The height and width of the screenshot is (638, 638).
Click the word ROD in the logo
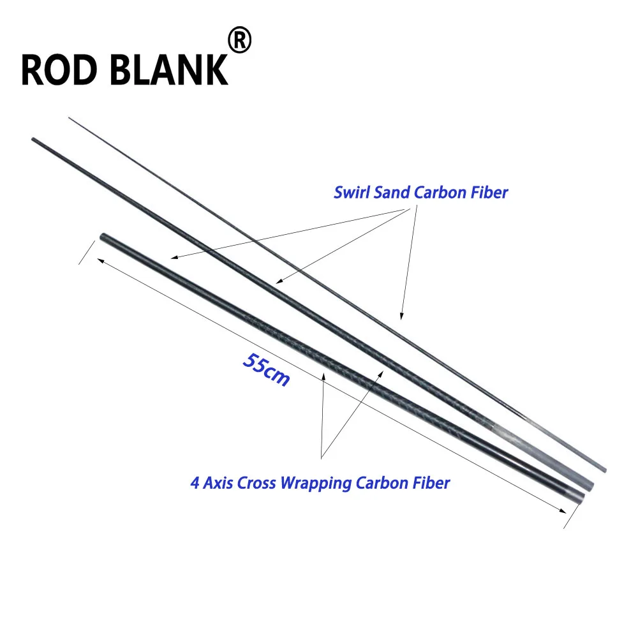pyautogui.click(x=59, y=70)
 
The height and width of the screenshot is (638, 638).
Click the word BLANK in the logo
pyautogui.click(x=169, y=70)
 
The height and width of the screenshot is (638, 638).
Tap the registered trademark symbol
pyautogui.click(x=240, y=40)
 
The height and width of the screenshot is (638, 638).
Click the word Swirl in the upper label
pyautogui.click(x=352, y=193)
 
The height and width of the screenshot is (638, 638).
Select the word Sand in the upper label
pyautogui.click(x=391, y=193)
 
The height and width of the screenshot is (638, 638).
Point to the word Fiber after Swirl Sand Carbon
pyautogui.click(x=489, y=193)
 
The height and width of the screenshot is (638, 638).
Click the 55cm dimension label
pyautogui.click(x=267, y=369)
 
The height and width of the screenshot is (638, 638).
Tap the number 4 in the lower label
pyautogui.click(x=195, y=484)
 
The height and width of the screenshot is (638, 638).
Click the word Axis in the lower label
pyautogui.click(x=218, y=484)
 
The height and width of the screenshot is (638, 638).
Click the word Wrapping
pyautogui.click(x=316, y=484)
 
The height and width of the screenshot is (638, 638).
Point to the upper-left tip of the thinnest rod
pyautogui.click(x=69, y=118)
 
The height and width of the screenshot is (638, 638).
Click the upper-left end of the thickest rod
pyautogui.click(x=103, y=235)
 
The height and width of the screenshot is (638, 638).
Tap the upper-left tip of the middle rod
pyautogui.click(x=33, y=139)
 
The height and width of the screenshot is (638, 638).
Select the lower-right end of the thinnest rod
pyautogui.click(x=605, y=470)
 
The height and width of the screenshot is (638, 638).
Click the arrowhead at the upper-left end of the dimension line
pyautogui.click(x=101, y=261)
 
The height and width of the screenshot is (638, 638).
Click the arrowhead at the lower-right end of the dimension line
pyautogui.click(x=562, y=510)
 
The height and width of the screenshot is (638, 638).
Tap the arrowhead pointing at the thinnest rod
pyautogui.click(x=401, y=316)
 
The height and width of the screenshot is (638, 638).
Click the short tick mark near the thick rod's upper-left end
pyautogui.click(x=87, y=252)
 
